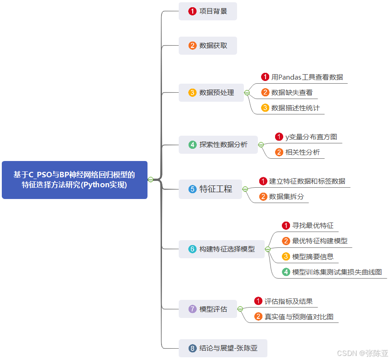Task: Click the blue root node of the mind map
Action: (75, 180)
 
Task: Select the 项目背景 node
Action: (208, 11)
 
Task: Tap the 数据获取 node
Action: (208, 45)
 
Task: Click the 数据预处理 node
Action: (211, 93)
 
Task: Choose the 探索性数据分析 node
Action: (218, 145)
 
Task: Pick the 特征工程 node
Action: (210, 189)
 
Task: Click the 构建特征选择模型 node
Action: (221, 249)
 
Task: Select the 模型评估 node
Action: (208, 309)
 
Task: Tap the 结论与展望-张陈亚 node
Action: (223, 348)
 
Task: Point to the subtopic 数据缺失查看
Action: (292, 92)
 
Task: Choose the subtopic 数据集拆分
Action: (286, 197)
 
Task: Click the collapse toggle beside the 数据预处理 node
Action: (247, 93)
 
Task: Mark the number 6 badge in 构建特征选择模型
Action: (192, 249)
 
